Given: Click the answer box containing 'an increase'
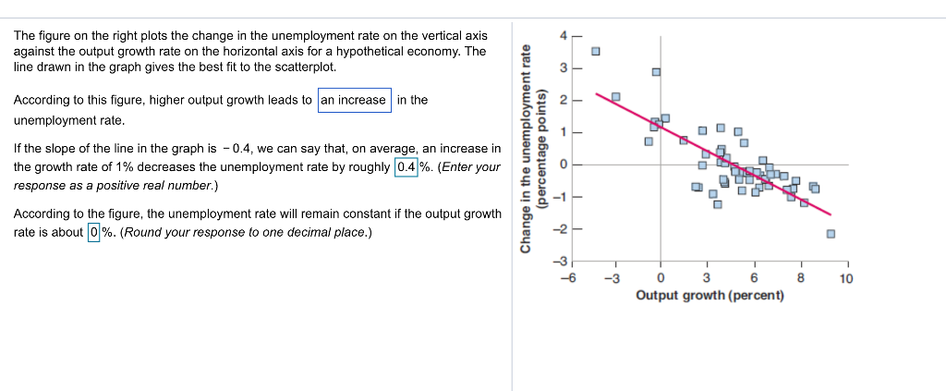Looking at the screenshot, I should (355, 100).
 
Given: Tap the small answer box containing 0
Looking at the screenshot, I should (93, 232).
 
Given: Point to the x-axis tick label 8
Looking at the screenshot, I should (801, 278).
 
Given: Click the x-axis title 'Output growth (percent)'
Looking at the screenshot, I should (709, 295).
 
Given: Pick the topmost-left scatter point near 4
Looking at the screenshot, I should (596, 51).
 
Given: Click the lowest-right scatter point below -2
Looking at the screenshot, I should (831, 233).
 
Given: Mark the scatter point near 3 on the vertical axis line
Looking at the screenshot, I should (656, 71).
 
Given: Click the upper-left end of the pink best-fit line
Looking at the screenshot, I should (596, 92).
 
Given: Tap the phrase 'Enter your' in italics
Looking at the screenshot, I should (471, 167).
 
